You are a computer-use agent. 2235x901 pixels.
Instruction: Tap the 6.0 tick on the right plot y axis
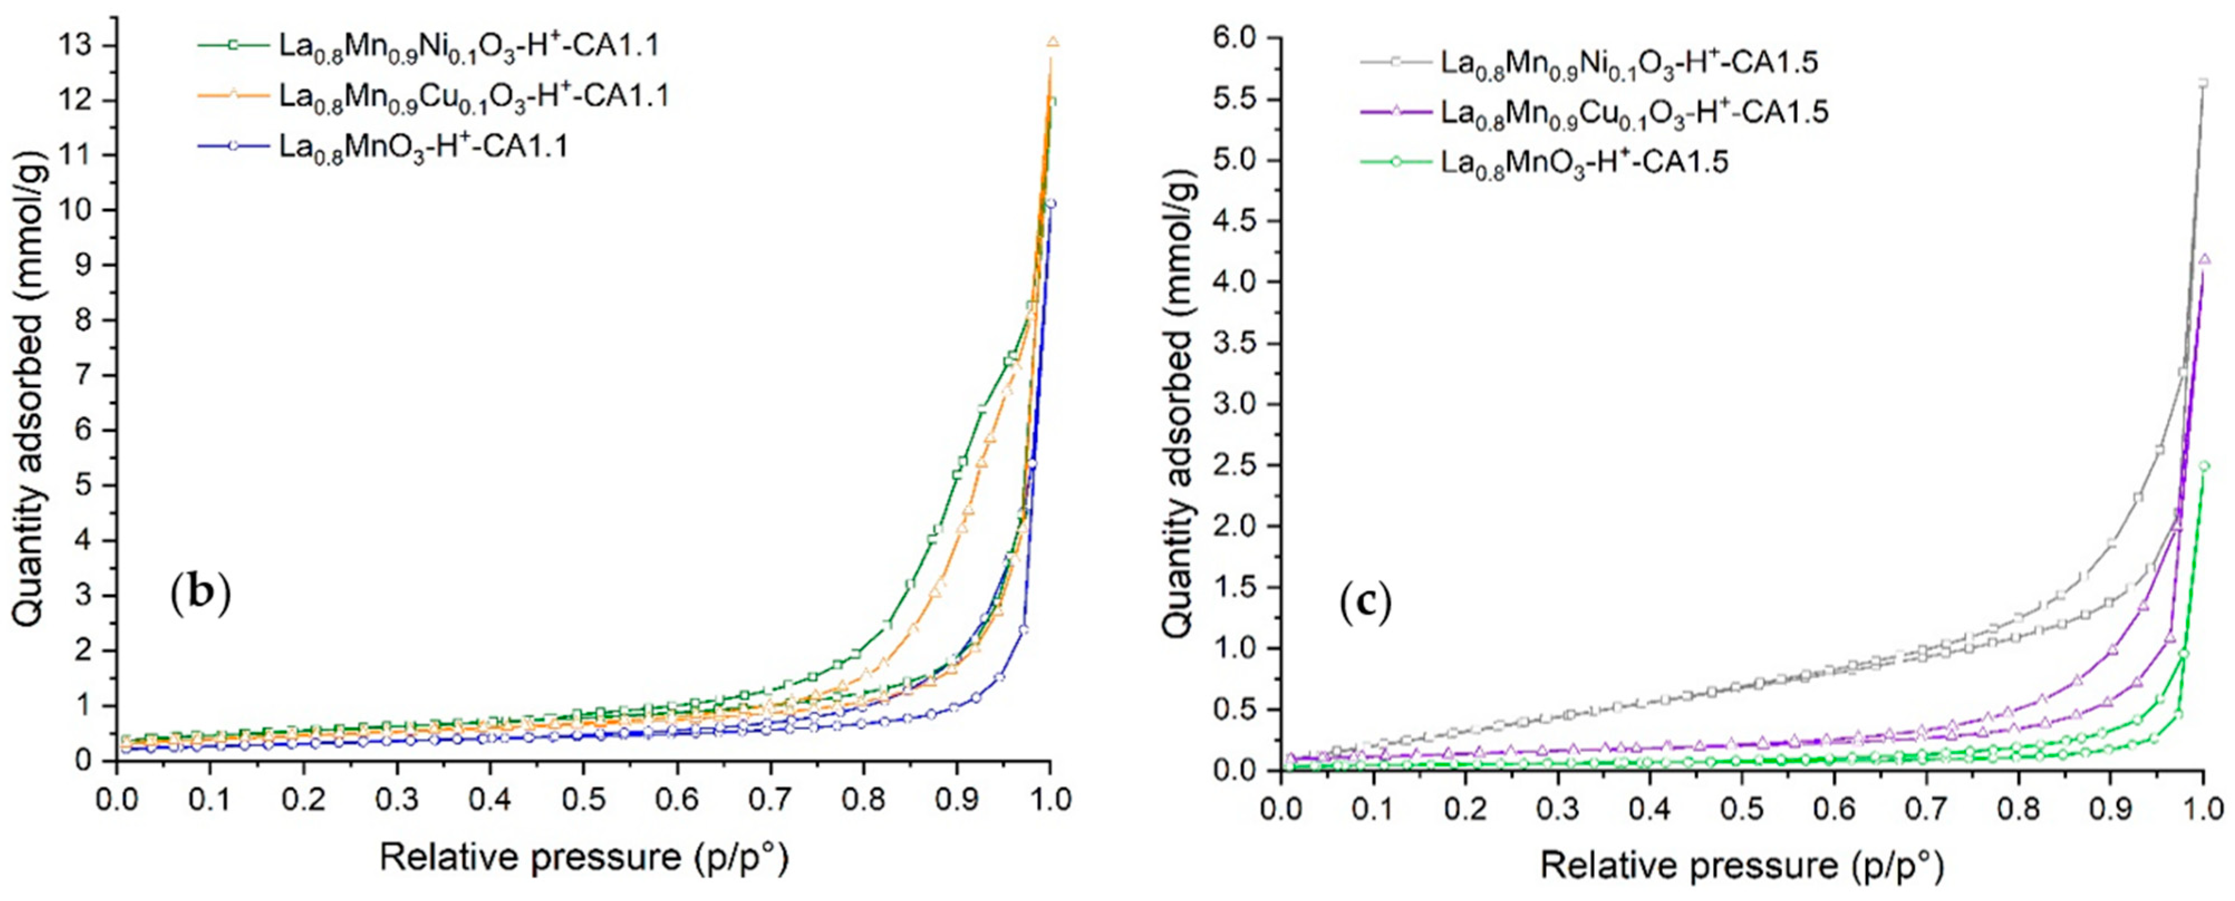1236,38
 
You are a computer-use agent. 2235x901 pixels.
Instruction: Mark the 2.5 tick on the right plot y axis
1236,466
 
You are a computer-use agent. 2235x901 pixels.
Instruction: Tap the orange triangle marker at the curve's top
1052,42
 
